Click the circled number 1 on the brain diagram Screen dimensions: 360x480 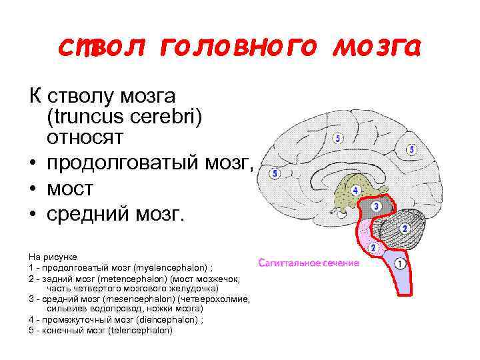(400, 263)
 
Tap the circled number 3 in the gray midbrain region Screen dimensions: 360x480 (376, 207)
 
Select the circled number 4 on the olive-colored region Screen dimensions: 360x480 (355, 191)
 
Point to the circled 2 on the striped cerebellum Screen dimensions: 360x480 (403, 229)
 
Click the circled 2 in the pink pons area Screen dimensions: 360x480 (373, 247)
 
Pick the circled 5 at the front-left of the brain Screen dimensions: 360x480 (275, 173)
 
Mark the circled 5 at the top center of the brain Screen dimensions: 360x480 (337, 139)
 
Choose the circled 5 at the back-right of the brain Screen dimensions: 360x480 (411, 150)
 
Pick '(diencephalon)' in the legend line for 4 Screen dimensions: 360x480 (163, 319)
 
